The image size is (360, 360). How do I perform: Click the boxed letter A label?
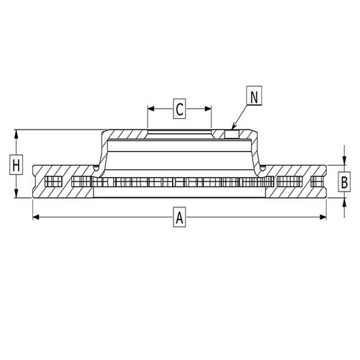[179, 217]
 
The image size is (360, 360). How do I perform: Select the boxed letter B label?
[344, 182]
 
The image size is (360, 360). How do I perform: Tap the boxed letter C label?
[179, 109]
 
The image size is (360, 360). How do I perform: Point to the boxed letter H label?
[16, 165]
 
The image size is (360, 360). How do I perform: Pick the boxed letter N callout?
[254, 96]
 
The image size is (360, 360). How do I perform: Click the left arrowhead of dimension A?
[36, 217]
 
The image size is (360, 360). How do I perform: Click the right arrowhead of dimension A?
[323, 217]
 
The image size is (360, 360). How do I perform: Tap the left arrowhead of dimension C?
[150, 109]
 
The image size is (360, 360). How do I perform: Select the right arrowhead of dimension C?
[208, 109]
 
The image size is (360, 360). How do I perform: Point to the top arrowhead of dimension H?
[16, 133]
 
